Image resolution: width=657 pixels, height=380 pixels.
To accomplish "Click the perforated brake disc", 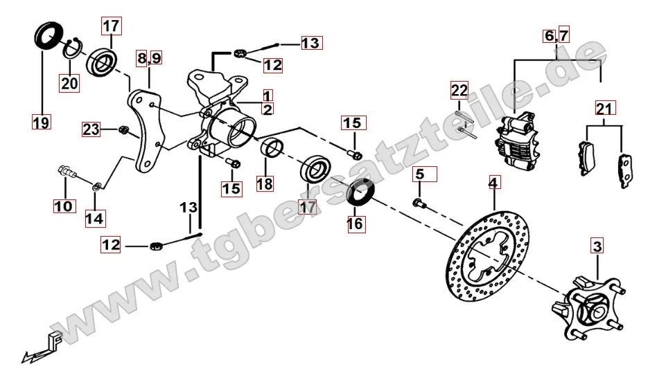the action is [x=487, y=257].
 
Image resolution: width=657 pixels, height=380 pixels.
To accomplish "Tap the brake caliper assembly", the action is [x=516, y=141].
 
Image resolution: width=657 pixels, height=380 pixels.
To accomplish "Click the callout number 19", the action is [x=42, y=123].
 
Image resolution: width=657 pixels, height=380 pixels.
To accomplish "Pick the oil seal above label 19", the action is [x=49, y=36].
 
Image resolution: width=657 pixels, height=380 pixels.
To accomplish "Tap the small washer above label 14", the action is [x=96, y=186].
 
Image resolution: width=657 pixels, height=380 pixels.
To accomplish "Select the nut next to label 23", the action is [x=123, y=130].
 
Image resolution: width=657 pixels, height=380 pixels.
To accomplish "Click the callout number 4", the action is [x=494, y=183].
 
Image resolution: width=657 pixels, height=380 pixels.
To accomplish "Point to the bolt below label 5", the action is [x=419, y=203].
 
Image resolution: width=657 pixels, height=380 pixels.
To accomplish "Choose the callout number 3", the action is [x=597, y=246].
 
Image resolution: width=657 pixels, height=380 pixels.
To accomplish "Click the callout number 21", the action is [x=604, y=109].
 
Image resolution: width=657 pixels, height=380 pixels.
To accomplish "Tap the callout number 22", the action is [x=459, y=90].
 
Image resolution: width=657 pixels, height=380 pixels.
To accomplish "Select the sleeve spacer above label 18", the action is [x=272, y=148].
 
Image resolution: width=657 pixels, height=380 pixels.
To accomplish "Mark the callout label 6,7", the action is [x=557, y=35].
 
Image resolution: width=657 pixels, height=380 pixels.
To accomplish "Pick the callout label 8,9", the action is [x=149, y=57].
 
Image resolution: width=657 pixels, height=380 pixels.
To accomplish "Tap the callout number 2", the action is [x=268, y=109].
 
